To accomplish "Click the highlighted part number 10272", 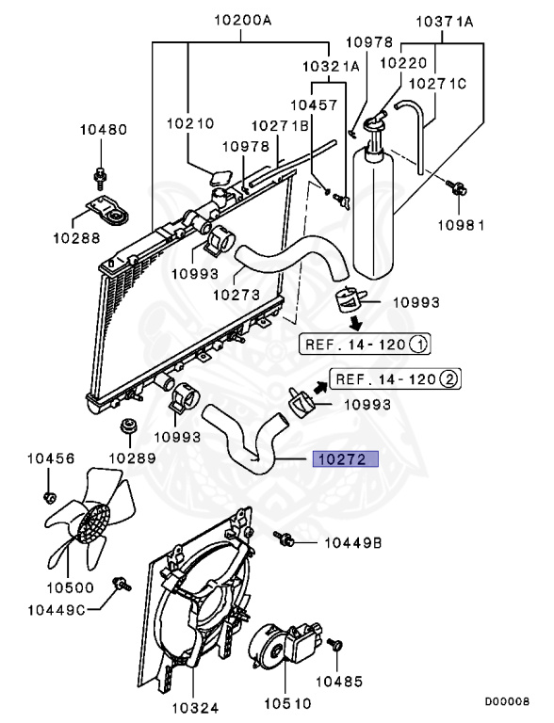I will [x=345, y=459].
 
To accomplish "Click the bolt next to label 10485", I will [x=336, y=647].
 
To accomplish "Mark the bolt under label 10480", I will [x=101, y=175].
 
